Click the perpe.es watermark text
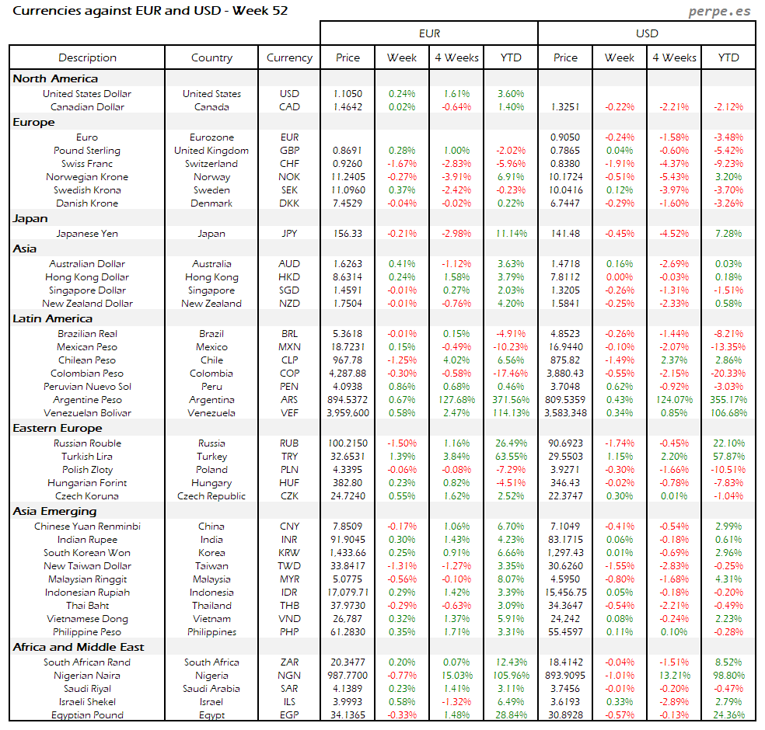tap(721, 12)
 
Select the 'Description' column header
tap(87, 57)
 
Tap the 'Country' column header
tap(211, 57)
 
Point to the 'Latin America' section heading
tap(52, 318)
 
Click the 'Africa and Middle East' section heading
tap(79, 647)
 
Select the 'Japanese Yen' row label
tap(87, 234)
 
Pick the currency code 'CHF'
tap(289, 164)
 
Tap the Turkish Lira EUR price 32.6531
tap(348, 457)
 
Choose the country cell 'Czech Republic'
tap(211, 496)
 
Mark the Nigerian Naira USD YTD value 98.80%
tap(728, 676)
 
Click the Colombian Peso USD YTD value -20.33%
tap(728, 374)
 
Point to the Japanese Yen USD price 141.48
tap(565, 234)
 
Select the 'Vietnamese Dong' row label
tap(87, 619)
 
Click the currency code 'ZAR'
tap(289, 662)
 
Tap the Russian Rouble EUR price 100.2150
tap(348, 443)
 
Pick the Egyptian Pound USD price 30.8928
tap(565, 715)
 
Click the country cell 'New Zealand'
tap(211, 304)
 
